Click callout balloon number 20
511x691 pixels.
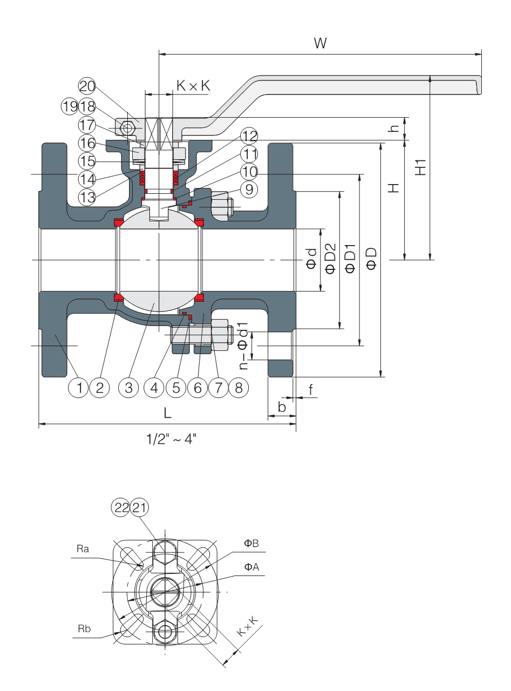[87, 86]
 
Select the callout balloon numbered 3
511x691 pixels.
[128, 388]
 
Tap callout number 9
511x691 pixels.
[249, 189]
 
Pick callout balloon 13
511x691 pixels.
[87, 197]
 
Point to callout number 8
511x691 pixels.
[239, 388]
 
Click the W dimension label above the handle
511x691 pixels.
[321, 43]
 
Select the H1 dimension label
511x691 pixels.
[420, 167]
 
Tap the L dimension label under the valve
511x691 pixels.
[167, 413]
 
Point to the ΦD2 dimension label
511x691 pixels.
[330, 258]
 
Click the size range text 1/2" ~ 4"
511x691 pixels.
[171, 439]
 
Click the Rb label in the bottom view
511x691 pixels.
[84, 629]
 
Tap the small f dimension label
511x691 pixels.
[311, 389]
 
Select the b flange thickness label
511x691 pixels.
[282, 407]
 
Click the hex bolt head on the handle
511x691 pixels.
[127, 128]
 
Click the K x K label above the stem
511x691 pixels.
[193, 85]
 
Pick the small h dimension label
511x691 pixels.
[394, 128]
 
